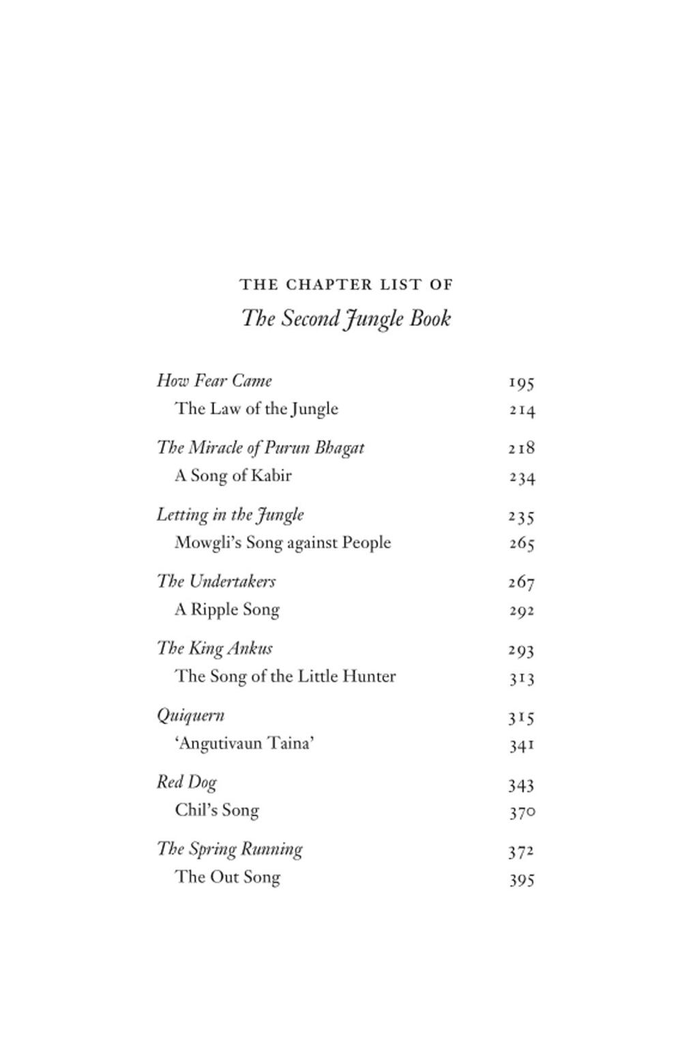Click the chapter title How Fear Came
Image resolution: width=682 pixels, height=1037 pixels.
pos(214,380)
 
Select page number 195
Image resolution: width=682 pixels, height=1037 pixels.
pos(521,382)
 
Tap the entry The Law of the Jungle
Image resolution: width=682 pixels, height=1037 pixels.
pos(256,408)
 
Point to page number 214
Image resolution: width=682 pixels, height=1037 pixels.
pos(522,410)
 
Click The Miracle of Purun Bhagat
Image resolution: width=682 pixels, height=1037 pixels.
pos(261,447)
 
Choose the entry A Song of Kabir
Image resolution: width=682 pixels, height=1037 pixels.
pos(233,475)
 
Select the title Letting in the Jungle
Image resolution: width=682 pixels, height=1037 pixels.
pos(231,514)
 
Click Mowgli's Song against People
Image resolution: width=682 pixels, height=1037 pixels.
pos(283,543)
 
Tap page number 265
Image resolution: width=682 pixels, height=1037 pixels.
pos(522,544)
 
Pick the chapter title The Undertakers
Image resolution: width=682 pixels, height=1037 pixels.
pos(216,581)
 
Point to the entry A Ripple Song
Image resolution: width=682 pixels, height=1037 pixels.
pos(227,610)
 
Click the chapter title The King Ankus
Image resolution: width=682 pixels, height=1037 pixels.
pos(215,648)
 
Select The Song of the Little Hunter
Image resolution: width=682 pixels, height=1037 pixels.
pos(285,676)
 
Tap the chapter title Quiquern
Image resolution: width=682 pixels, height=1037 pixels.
pos(190,715)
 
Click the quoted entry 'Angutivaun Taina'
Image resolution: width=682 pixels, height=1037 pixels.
pos(245,743)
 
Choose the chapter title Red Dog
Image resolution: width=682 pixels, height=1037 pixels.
pos(186,782)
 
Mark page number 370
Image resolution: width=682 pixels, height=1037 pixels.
pos(522,812)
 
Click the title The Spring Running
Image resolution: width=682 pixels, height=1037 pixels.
pos(230,849)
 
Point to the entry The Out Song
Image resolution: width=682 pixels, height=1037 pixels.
pos(228,877)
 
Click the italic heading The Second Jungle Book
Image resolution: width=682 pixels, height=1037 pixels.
pos(346,319)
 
